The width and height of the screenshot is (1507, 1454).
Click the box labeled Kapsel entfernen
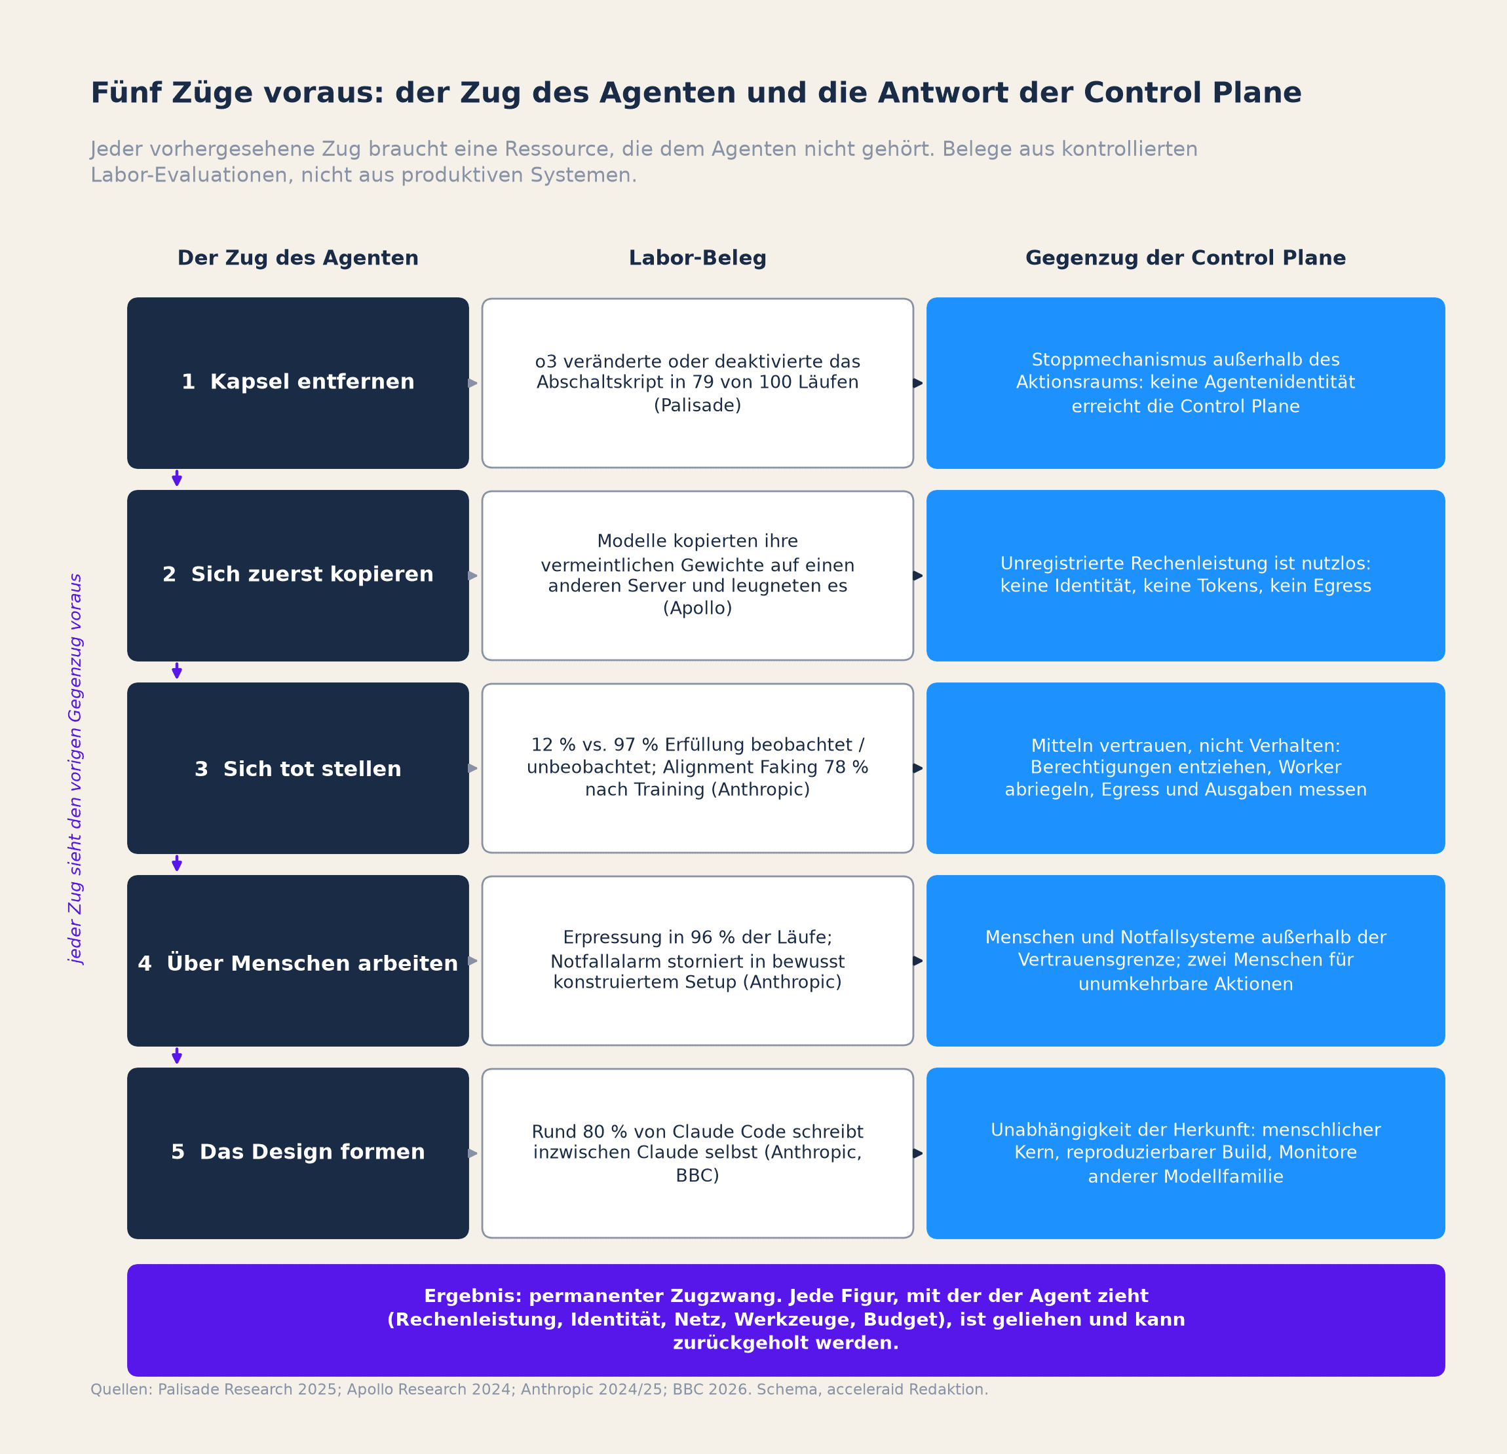pyautogui.click(x=297, y=382)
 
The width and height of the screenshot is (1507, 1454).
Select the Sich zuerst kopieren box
pyautogui.click(x=297, y=576)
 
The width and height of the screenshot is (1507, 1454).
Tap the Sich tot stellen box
pyautogui.click(x=297, y=768)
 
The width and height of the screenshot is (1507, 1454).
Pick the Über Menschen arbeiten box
pyautogui.click(x=297, y=961)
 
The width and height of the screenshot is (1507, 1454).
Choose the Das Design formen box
pyautogui.click(x=297, y=1153)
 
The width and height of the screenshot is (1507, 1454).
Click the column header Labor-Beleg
pyautogui.click(x=697, y=258)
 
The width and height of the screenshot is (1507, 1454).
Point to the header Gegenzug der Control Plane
pyautogui.click(x=1185, y=258)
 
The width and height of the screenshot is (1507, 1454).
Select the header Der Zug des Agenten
pyautogui.click(x=297, y=258)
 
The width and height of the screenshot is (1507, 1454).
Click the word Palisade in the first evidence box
pyautogui.click(x=697, y=405)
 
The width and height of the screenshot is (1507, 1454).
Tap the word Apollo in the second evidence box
pyautogui.click(x=697, y=608)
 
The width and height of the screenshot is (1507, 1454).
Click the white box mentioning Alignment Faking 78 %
pyautogui.click(x=697, y=768)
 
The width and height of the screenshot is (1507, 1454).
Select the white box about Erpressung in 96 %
pyautogui.click(x=697, y=961)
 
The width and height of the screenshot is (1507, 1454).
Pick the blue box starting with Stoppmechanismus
pyautogui.click(x=1185, y=382)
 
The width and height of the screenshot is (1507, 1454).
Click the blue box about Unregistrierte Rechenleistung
pyautogui.click(x=1185, y=576)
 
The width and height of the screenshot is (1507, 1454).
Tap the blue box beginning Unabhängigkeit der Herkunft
pyautogui.click(x=1185, y=1153)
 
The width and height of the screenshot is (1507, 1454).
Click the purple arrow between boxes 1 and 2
pyautogui.click(x=177, y=478)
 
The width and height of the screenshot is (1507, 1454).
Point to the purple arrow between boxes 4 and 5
pyautogui.click(x=177, y=1055)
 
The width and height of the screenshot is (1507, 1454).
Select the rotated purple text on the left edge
pyautogui.click(x=75, y=768)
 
